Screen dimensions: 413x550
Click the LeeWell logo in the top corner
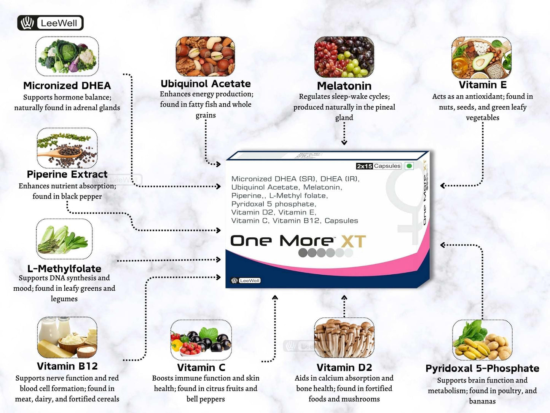click(x=50, y=23)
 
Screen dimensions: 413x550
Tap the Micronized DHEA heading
click(x=67, y=85)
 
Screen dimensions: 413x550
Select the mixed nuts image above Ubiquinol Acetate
click(x=205, y=56)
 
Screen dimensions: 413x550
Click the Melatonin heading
click(x=344, y=86)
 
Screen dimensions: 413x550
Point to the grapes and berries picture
click(x=344, y=57)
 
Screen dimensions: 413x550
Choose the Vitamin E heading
click(x=482, y=85)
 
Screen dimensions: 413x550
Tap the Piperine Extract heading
click(x=67, y=174)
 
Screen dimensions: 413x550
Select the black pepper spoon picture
click(x=67, y=148)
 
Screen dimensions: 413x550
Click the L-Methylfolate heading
click(x=64, y=268)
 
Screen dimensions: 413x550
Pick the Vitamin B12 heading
click(x=67, y=366)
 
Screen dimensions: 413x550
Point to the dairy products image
click(x=67, y=338)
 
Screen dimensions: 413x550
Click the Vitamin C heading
click(x=201, y=368)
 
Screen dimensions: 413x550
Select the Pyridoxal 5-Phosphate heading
click(x=482, y=368)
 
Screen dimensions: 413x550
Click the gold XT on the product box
click(x=353, y=242)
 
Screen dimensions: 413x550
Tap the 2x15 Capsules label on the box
click(x=378, y=166)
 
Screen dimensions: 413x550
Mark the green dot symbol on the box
click(x=409, y=166)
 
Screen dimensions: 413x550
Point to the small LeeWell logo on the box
click(x=246, y=280)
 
